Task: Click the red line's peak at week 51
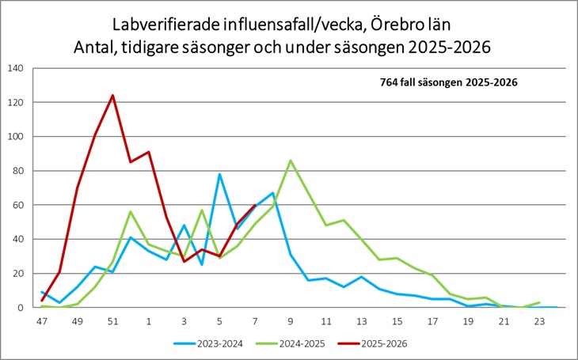[x=112, y=96]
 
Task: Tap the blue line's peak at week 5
[x=219, y=174]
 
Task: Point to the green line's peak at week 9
[x=291, y=161]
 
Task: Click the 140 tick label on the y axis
[x=16, y=68]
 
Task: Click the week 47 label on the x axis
[x=41, y=322]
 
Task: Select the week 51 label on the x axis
[x=112, y=322]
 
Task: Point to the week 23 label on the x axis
[x=540, y=322]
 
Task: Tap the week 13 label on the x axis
[x=362, y=322]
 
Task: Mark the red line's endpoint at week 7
[x=255, y=205]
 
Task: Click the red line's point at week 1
[x=148, y=152]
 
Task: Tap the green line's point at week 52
[x=130, y=212]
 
